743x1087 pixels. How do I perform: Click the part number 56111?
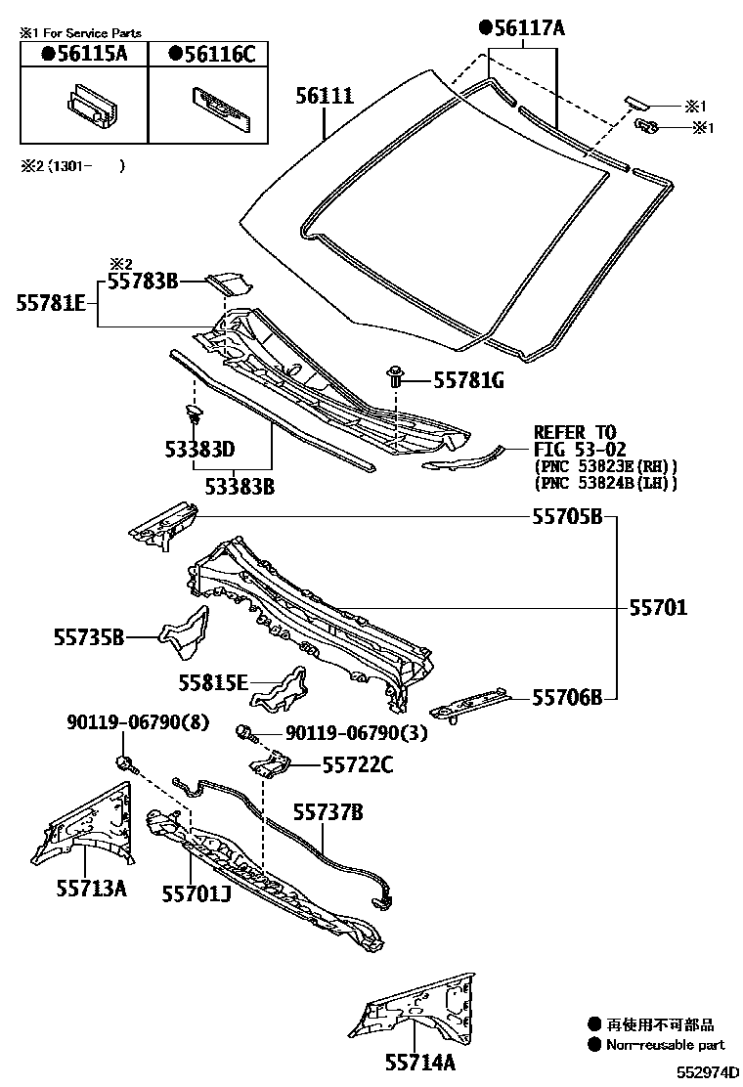(325, 95)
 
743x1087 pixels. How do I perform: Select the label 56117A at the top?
(522, 29)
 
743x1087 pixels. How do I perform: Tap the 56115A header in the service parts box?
(84, 55)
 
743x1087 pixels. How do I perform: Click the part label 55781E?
(50, 304)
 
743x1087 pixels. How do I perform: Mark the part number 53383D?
(199, 451)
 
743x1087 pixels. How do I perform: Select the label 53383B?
(239, 484)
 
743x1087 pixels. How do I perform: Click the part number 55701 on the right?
(658, 608)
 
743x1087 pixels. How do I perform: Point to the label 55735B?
(89, 638)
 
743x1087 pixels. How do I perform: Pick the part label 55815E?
(213, 683)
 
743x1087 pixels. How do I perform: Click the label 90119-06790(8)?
(138, 722)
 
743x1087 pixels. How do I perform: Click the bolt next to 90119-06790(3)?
(245, 731)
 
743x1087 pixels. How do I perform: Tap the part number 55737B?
(328, 811)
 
